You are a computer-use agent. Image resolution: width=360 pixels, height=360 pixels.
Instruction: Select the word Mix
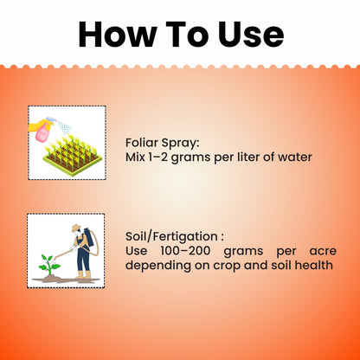(x=138, y=159)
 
